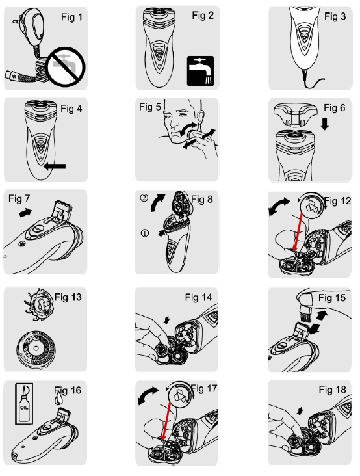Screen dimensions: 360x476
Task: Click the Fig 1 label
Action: [71, 18]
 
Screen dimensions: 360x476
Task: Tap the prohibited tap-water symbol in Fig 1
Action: [66, 67]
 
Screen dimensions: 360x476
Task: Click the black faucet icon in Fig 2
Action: [200, 71]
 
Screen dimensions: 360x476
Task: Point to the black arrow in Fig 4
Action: [55, 166]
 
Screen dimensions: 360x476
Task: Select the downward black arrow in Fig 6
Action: [325, 124]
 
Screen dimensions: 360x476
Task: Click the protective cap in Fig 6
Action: [295, 114]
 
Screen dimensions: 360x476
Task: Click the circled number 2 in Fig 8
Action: [144, 198]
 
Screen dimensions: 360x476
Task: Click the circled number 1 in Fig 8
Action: [145, 233]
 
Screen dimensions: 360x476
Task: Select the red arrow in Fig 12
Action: [299, 232]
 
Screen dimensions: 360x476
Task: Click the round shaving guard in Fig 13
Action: [36, 349]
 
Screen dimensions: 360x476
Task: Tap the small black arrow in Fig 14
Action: [167, 319]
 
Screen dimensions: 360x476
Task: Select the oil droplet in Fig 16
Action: [58, 399]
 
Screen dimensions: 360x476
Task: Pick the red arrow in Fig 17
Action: [166, 421]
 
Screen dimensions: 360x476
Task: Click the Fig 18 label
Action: [333, 390]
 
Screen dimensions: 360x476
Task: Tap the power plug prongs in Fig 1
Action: [16, 21]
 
